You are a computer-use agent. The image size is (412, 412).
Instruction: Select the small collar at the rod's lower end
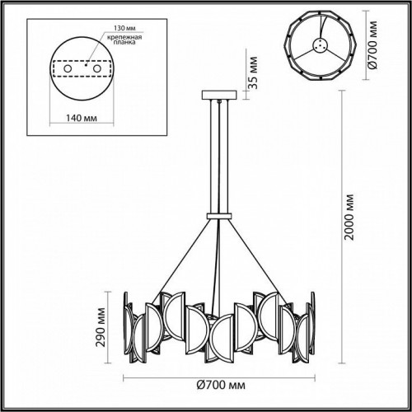point(218,215)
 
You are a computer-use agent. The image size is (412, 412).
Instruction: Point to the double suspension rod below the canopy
point(218,157)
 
